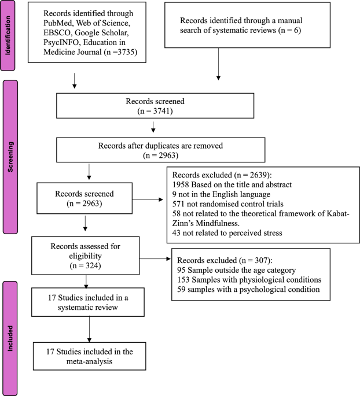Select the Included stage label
(x=9, y=338)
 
